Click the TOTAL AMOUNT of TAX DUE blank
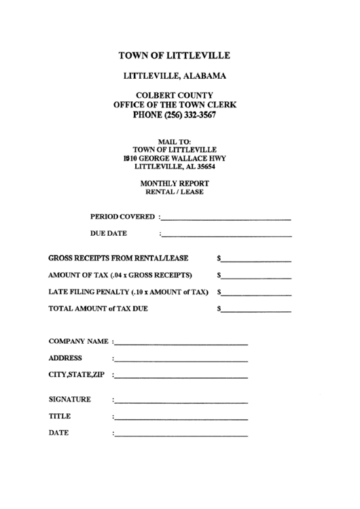[256, 310]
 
